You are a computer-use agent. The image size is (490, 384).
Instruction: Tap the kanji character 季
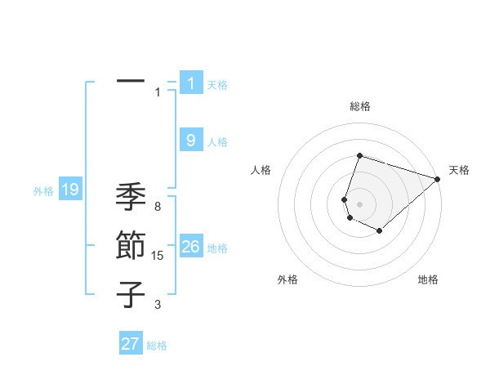pyautogui.click(x=131, y=197)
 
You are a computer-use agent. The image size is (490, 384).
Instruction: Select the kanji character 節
pyautogui.click(x=131, y=246)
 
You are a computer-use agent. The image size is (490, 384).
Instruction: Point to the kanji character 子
pyautogui.click(x=131, y=294)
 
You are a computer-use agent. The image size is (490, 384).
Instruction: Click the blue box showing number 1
pyautogui.click(x=191, y=83)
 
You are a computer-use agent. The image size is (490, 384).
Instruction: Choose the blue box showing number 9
pyautogui.click(x=191, y=141)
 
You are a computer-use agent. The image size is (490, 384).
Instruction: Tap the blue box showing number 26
pyautogui.click(x=191, y=246)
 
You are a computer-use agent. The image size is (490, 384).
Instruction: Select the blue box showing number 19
pyautogui.click(x=70, y=190)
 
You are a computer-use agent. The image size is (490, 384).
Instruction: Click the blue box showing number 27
pyautogui.click(x=131, y=344)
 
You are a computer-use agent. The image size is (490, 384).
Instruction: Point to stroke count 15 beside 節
pyautogui.click(x=158, y=257)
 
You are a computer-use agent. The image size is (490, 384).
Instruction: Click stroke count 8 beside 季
pyautogui.click(x=158, y=208)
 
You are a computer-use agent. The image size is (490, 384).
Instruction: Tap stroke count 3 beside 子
pyautogui.click(x=158, y=305)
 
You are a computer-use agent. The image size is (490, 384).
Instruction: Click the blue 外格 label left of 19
pyautogui.click(x=43, y=191)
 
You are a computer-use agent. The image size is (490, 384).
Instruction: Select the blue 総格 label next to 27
pyautogui.click(x=157, y=346)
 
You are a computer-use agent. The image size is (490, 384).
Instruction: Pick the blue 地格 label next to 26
pyautogui.click(x=217, y=248)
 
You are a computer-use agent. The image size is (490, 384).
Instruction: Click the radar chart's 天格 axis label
pyautogui.click(x=459, y=170)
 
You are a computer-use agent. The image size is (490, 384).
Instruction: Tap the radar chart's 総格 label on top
pyautogui.click(x=359, y=106)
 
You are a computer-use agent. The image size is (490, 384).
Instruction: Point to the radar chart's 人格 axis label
pyautogui.click(x=261, y=170)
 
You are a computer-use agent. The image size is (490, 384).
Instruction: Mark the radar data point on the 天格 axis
pyautogui.click(x=438, y=179)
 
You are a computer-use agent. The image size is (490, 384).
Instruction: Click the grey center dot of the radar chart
pyautogui.click(x=359, y=203)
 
